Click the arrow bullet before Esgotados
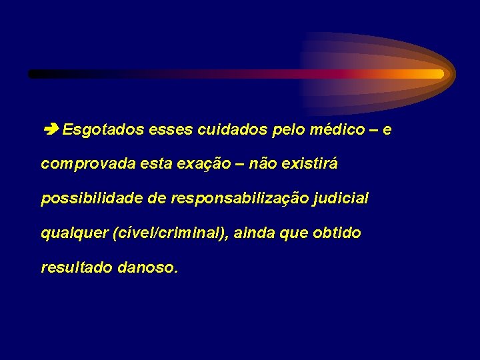[51, 129]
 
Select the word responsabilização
[239, 199]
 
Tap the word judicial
[341, 199]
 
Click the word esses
[171, 129]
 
